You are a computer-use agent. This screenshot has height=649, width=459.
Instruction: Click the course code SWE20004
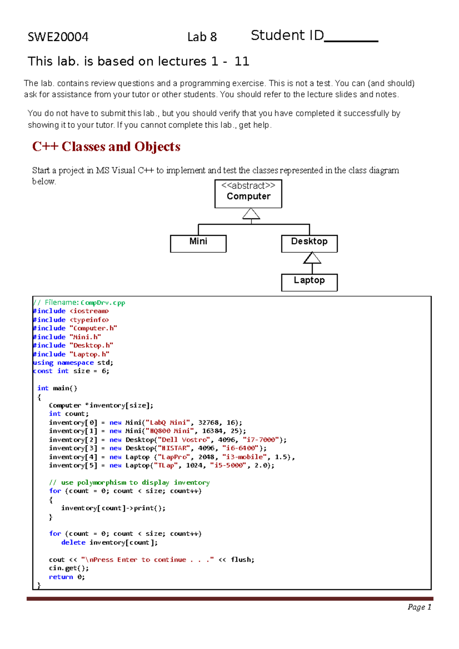(x=58, y=37)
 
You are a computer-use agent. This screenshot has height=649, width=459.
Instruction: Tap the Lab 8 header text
(x=202, y=37)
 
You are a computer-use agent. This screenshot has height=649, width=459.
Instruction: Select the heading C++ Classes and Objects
(x=106, y=146)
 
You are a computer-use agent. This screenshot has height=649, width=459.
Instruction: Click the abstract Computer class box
(x=248, y=193)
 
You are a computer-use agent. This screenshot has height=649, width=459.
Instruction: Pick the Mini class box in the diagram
(x=198, y=243)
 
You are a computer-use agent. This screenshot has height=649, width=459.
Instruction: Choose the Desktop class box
(x=309, y=243)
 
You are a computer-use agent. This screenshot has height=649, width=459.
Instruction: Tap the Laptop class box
(x=309, y=282)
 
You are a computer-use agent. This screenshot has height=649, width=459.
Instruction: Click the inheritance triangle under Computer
(x=251, y=214)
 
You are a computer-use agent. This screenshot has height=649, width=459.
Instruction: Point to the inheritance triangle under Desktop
(x=312, y=258)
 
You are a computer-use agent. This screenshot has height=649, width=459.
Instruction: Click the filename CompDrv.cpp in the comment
(x=103, y=303)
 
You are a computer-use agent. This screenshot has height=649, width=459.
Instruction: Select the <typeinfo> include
(x=89, y=320)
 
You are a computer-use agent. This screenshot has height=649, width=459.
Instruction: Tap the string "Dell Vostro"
(x=184, y=440)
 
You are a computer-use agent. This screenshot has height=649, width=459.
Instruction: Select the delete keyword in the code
(x=73, y=542)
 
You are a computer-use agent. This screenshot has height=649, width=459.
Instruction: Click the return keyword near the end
(x=61, y=577)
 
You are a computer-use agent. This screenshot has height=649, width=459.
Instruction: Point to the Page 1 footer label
(x=419, y=607)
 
